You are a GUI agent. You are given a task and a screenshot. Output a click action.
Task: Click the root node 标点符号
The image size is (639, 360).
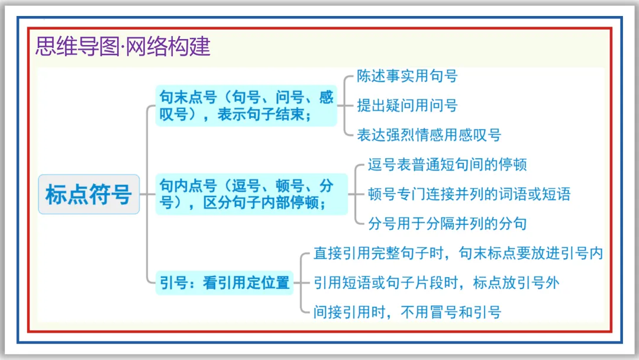89,194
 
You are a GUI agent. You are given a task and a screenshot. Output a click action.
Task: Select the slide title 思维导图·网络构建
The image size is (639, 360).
123,46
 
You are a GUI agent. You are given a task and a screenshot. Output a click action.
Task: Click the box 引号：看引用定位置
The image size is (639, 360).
225,283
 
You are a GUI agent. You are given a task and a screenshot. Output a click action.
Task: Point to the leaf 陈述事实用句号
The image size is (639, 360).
407,76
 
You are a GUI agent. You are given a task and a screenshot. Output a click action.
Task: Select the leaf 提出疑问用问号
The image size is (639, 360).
407,106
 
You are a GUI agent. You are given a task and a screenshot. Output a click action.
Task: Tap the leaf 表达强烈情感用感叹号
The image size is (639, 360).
429,136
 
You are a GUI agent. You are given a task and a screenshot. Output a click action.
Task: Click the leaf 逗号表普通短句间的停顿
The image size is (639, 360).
447,165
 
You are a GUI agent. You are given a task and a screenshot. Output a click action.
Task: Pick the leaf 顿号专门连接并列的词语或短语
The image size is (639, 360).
469,194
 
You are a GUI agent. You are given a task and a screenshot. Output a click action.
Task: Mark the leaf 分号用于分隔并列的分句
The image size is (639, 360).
447,224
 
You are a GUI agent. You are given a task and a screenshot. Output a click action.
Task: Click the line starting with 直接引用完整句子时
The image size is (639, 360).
458,253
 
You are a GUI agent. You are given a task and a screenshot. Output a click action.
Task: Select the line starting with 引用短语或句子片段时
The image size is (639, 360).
436,283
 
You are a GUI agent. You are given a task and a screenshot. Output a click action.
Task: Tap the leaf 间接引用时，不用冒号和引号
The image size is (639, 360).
407,313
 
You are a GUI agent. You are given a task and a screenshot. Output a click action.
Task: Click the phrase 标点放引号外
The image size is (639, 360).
516,283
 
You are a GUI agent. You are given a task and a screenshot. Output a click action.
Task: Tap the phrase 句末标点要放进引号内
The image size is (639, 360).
531,253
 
